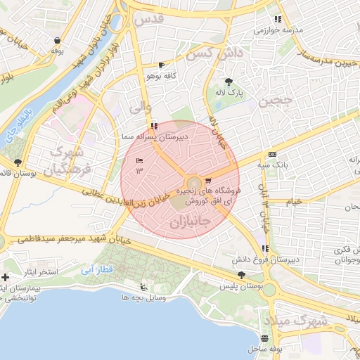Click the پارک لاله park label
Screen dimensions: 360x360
pos(229,93)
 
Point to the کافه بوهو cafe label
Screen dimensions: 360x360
pos(161,75)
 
